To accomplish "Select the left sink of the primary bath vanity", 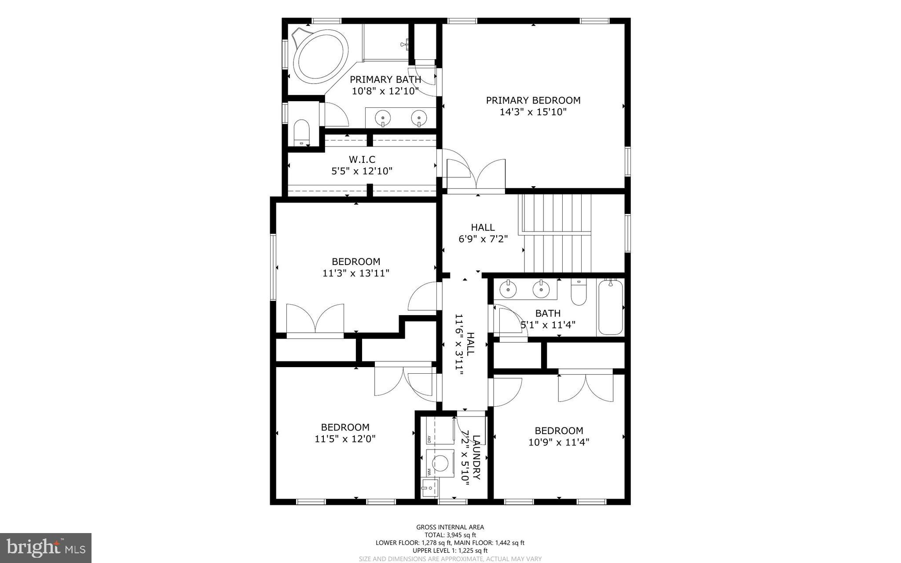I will point(383,118).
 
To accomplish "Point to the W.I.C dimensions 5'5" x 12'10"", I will point(362,171).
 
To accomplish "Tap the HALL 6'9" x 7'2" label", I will point(483,233).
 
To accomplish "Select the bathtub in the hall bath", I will point(610,307).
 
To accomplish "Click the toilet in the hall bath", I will point(579,293).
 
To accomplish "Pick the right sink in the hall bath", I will point(541,289).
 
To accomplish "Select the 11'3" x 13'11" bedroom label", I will point(355,267).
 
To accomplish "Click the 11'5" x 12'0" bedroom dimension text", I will point(345,439).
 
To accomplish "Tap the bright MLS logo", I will point(46,547).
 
